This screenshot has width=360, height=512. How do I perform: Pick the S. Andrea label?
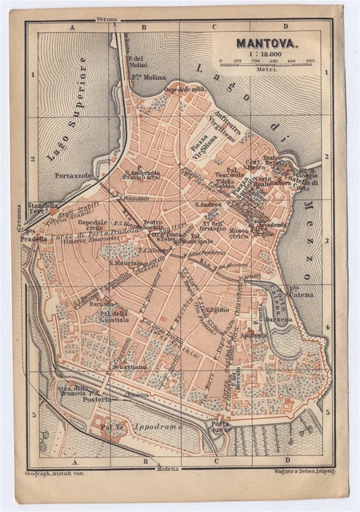(x=210, y=205)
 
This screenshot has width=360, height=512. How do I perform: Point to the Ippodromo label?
(x=156, y=427)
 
